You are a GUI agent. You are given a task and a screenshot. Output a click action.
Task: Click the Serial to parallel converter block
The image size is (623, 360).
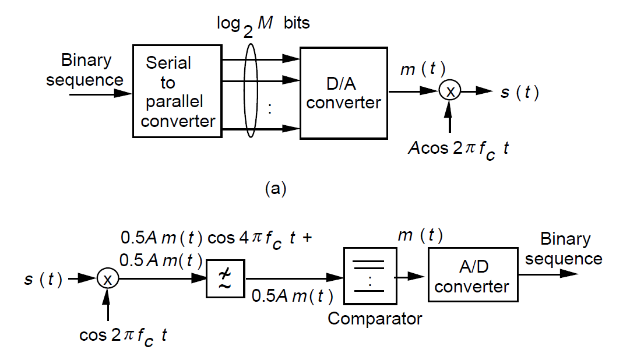[177, 91]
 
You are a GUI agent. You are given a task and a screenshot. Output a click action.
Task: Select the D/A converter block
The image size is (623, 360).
[344, 93]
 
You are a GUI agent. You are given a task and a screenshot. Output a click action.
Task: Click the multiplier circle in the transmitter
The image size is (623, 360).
[449, 91]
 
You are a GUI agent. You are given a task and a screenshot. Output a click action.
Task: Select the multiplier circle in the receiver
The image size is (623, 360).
[108, 280]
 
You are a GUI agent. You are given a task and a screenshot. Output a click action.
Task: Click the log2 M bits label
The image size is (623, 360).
[263, 25]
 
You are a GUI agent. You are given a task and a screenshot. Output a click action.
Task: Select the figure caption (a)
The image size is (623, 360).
[276, 189]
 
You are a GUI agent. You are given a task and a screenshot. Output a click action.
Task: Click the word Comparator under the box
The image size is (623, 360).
[374, 319]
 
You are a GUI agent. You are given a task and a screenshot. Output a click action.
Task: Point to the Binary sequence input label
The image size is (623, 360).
[85, 70]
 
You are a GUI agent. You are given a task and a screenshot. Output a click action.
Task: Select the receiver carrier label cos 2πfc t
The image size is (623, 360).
[123, 337]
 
